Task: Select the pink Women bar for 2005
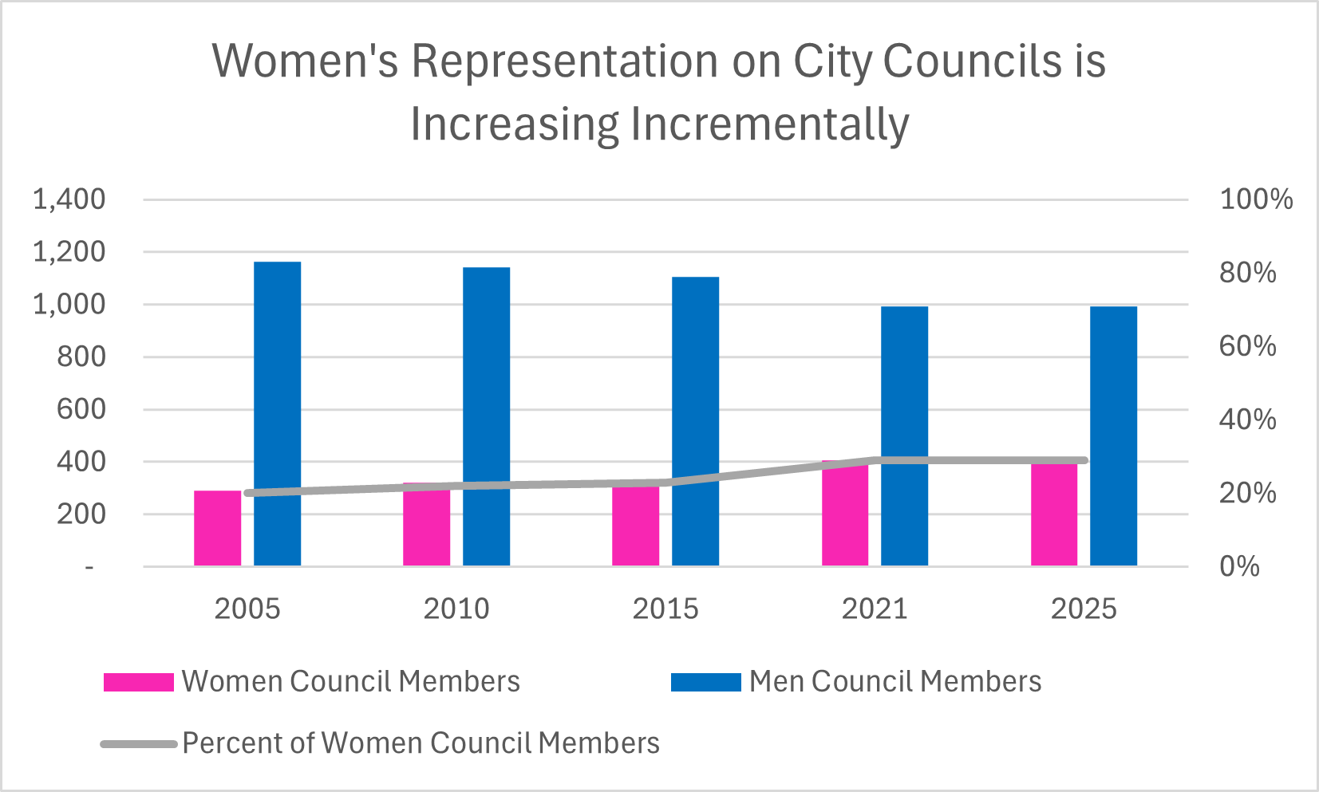[x=217, y=528]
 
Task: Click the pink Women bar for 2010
[x=426, y=526]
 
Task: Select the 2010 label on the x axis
[x=456, y=609]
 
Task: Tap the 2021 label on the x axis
[x=875, y=609]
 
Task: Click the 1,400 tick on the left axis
[x=69, y=199]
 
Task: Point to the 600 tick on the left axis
[x=81, y=409]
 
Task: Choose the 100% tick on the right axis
[x=1256, y=199]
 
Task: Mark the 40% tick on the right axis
[x=1247, y=420]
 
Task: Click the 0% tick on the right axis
[x=1239, y=566]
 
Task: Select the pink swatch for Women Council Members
[x=138, y=682]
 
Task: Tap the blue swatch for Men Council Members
[x=705, y=682]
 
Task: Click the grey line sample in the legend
[x=138, y=743]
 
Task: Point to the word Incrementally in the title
[x=769, y=125]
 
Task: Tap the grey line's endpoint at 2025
[x=1084, y=460]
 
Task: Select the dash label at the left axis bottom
[x=89, y=566]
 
